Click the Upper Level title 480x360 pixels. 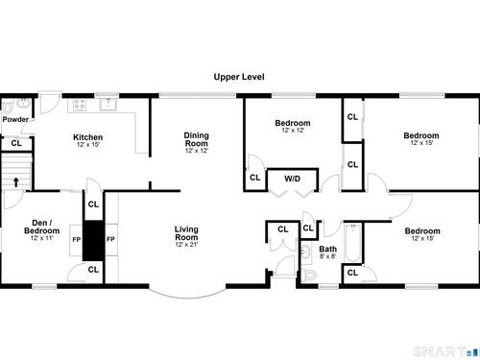[239, 77]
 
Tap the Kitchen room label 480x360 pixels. [87, 137]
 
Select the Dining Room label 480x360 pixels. [197, 139]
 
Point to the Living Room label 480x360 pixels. [186, 233]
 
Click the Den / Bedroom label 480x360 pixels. [41, 227]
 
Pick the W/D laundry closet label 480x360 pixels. [292, 179]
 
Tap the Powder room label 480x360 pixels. [15, 119]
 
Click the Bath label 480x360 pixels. [327, 249]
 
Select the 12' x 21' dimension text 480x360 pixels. [186, 245]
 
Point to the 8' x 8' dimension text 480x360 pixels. [327, 256]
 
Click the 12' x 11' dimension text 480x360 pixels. [41, 238]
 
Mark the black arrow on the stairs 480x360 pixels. [16, 182]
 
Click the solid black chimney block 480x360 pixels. [93, 240]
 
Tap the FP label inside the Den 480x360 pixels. [76, 239]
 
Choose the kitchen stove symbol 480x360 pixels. [80, 104]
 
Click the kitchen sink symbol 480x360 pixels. [108, 104]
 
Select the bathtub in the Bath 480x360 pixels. [353, 243]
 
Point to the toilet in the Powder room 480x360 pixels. [8, 108]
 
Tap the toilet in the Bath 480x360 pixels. [310, 275]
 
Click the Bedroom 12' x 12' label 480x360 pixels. [293, 126]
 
